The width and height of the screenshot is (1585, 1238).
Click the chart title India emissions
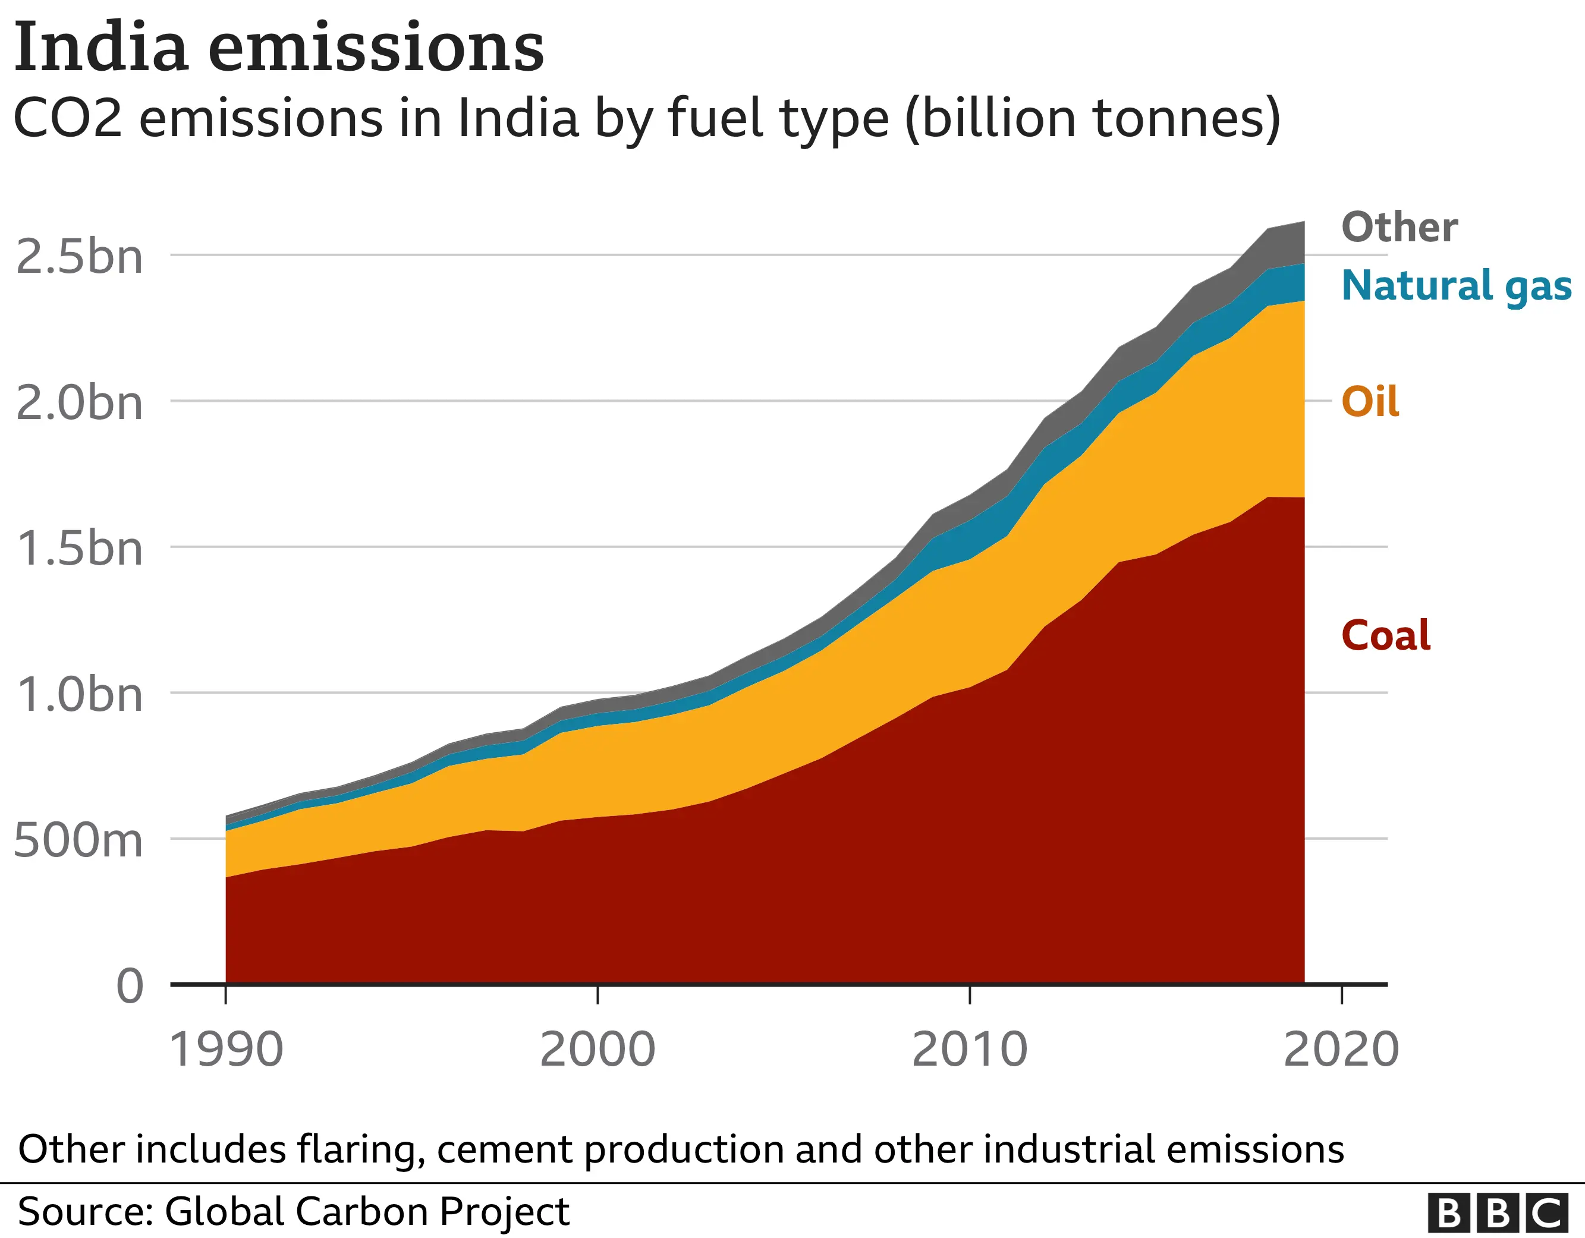(279, 48)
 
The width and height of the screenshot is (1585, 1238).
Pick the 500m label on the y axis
(78, 841)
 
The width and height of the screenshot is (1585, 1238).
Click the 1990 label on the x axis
(226, 1050)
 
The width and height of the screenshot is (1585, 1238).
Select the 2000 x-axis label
(597, 1050)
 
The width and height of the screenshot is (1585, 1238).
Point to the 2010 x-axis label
(970, 1050)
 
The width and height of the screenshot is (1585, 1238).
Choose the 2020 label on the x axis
(1341, 1050)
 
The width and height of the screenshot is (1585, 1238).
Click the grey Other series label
(1400, 227)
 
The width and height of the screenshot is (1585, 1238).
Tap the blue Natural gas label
(1456, 285)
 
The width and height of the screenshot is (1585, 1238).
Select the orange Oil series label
(1369, 401)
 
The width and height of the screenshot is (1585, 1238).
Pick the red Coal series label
(1385, 636)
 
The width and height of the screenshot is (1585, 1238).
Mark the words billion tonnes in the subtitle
(1092, 118)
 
